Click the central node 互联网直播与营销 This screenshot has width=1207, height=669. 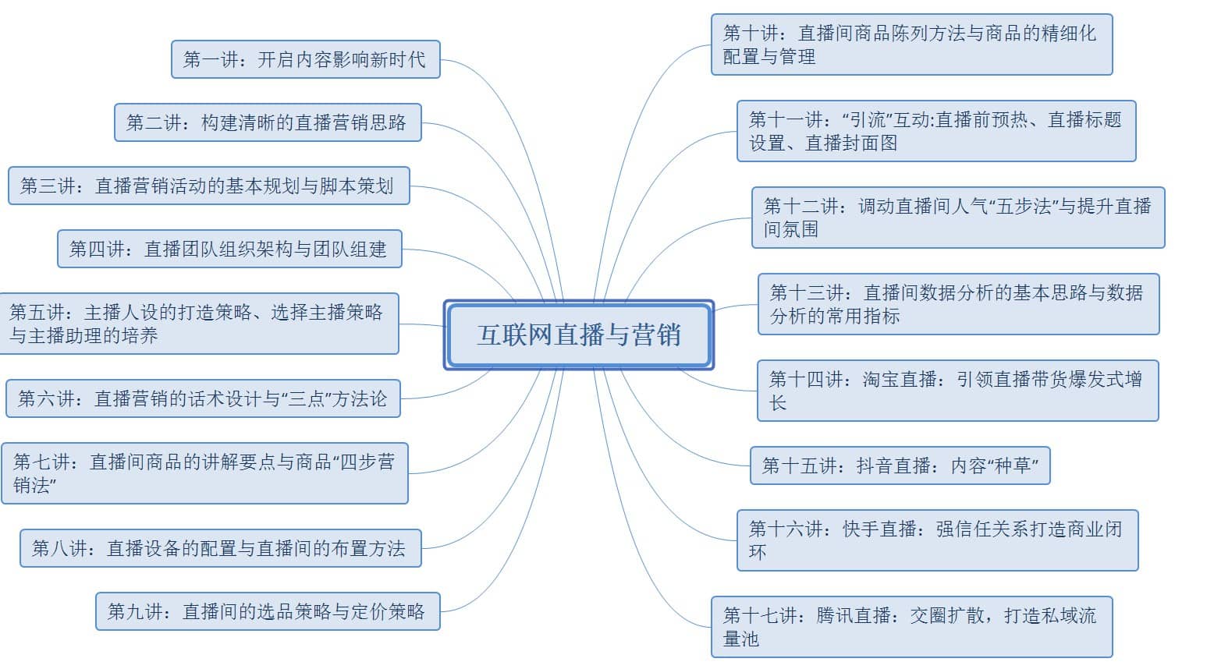[x=579, y=335]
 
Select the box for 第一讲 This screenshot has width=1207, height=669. [x=306, y=59]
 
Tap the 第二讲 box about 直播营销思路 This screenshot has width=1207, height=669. [x=268, y=122]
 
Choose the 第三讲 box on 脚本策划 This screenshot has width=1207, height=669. [x=209, y=186]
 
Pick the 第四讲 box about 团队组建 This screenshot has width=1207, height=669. [x=229, y=249]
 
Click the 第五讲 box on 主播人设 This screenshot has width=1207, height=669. [x=199, y=324]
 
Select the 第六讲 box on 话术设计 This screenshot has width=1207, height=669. [x=203, y=398]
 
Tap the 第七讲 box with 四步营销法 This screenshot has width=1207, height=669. [x=204, y=473]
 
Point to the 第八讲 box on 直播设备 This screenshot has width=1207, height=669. [x=220, y=548]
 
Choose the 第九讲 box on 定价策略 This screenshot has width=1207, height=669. [x=268, y=611]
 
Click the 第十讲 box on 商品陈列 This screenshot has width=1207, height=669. [x=912, y=44]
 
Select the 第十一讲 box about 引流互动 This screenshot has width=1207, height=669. [x=936, y=131]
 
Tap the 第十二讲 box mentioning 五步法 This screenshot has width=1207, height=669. [x=958, y=218]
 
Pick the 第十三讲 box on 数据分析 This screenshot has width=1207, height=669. [x=959, y=304]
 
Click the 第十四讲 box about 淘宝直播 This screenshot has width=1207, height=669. [x=957, y=391]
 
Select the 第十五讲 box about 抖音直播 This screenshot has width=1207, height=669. [x=900, y=465]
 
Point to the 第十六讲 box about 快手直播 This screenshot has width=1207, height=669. [x=938, y=540]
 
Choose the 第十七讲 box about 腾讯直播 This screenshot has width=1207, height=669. [x=912, y=627]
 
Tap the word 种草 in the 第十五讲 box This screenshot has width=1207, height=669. [x=1013, y=465]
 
